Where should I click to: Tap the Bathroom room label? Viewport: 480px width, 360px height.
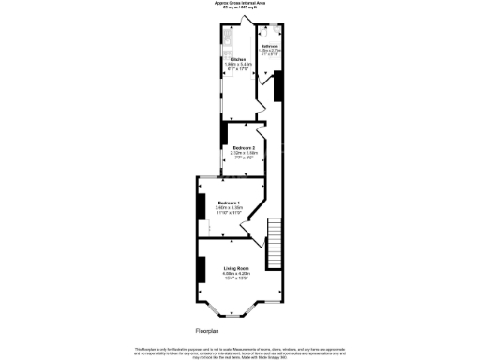click(x=269, y=44)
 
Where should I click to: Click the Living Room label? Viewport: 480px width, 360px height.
click(x=236, y=269)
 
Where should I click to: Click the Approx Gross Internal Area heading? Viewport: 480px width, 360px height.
click(x=240, y=4)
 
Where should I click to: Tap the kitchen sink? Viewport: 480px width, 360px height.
click(x=228, y=38)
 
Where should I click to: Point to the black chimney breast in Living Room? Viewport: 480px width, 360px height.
click(x=201, y=270)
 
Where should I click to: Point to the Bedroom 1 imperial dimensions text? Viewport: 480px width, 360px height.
click(x=229, y=215)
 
